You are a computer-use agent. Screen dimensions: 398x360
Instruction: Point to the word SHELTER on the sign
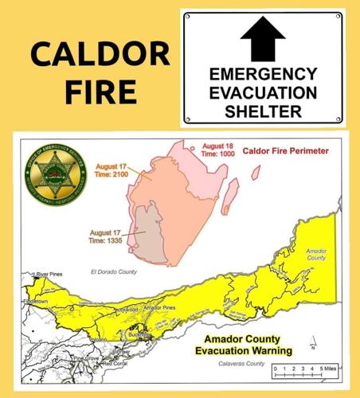(263, 111)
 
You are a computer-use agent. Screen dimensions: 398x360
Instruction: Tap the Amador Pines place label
(158, 307)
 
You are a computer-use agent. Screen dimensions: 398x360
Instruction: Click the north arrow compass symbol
(314, 344)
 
